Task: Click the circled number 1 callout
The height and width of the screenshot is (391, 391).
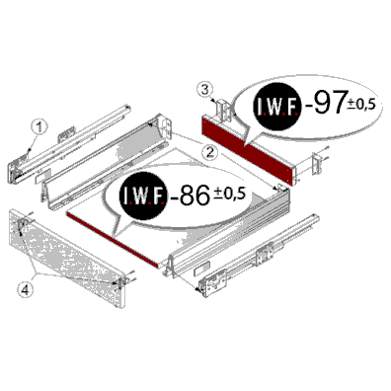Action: pyautogui.click(x=39, y=127)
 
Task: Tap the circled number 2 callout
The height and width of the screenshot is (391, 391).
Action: pyautogui.click(x=209, y=152)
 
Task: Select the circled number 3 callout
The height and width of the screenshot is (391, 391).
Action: pyautogui.click(x=205, y=90)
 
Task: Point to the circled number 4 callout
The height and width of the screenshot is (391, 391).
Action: pyautogui.click(x=26, y=289)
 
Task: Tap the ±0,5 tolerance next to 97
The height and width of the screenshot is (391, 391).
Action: pyautogui.click(x=361, y=104)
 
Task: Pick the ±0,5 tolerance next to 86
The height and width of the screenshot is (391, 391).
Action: pyautogui.click(x=230, y=194)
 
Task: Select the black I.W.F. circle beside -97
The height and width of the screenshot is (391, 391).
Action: pyautogui.click(x=277, y=107)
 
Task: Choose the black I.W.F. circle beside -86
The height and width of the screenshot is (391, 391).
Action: pyautogui.click(x=144, y=195)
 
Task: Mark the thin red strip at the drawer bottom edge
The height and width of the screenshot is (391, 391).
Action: pyautogui.click(x=113, y=239)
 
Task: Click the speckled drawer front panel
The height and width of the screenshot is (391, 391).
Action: pyautogui.click(x=67, y=258)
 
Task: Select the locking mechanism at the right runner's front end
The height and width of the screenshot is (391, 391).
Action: pyautogui.click(x=213, y=282)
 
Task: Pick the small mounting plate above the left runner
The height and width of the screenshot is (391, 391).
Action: pyautogui.click(x=66, y=134)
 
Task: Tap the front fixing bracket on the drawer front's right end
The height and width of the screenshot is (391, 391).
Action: pyautogui.click(x=121, y=283)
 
